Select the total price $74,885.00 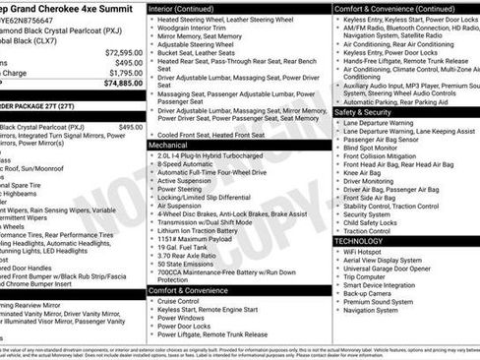(120, 85)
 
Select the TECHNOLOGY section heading (359, 241)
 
